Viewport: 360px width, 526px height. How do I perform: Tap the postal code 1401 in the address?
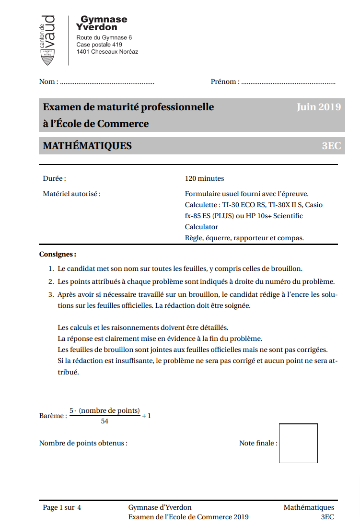click(x=83, y=52)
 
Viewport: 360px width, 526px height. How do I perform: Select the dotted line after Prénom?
click(x=288, y=82)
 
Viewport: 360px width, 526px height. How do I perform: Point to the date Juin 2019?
click(x=318, y=107)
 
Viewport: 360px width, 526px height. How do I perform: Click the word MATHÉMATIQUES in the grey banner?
click(x=87, y=146)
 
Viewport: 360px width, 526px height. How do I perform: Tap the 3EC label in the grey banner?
click(x=331, y=146)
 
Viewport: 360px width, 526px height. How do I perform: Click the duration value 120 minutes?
click(x=204, y=179)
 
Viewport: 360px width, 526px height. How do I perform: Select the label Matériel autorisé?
click(x=72, y=194)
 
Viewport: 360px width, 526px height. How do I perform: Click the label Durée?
click(x=54, y=179)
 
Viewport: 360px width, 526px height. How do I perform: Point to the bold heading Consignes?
click(x=58, y=254)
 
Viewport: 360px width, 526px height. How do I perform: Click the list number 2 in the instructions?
click(x=51, y=281)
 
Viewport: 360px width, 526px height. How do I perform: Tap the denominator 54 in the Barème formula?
click(x=105, y=421)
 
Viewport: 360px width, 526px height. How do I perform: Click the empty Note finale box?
click(x=298, y=443)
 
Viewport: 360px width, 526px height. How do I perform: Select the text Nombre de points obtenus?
click(x=83, y=443)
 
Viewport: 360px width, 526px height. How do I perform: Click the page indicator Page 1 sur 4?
click(x=62, y=508)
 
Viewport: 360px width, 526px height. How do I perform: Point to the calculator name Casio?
click(x=314, y=205)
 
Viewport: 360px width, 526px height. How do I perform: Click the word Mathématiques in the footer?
click(x=309, y=508)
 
